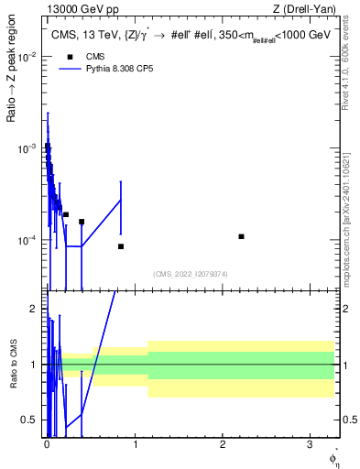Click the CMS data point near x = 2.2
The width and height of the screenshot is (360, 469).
[241, 236]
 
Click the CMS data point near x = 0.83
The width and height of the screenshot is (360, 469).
[121, 246]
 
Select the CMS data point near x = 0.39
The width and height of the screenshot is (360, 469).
[82, 222]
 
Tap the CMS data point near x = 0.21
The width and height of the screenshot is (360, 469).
[66, 214]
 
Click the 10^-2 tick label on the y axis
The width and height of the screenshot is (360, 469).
[29, 57]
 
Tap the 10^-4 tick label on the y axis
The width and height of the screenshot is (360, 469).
[29, 240]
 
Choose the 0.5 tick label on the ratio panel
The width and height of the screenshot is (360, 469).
[32, 420]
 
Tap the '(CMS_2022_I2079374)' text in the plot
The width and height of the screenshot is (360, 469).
[190, 272]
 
